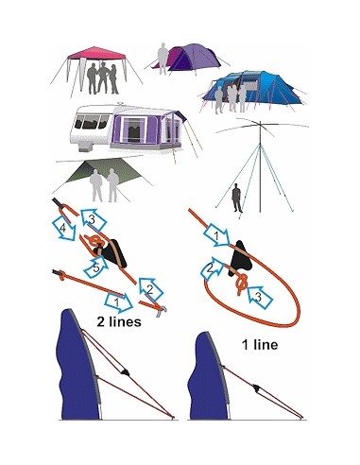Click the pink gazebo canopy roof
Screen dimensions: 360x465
(x=96, y=53)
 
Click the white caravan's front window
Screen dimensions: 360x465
(x=91, y=122)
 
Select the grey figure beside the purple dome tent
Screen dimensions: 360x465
(x=163, y=59)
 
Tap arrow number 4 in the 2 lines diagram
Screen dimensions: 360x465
(x=64, y=228)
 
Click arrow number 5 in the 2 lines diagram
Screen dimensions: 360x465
(x=95, y=267)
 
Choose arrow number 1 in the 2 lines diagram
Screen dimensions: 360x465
(x=118, y=301)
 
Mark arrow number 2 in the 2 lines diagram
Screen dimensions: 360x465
(x=150, y=288)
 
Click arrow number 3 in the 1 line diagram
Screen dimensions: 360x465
(x=260, y=297)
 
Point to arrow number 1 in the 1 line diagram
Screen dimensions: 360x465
(x=216, y=234)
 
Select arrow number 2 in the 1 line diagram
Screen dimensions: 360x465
(x=212, y=268)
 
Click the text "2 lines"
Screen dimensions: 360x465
(x=119, y=321)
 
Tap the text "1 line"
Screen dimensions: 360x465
(x=260, y=345)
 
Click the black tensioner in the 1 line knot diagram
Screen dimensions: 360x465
(x=240, y=259)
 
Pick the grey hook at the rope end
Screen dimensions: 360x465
(x=161, y=311)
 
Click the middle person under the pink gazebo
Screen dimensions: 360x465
(x=103, y=77)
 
